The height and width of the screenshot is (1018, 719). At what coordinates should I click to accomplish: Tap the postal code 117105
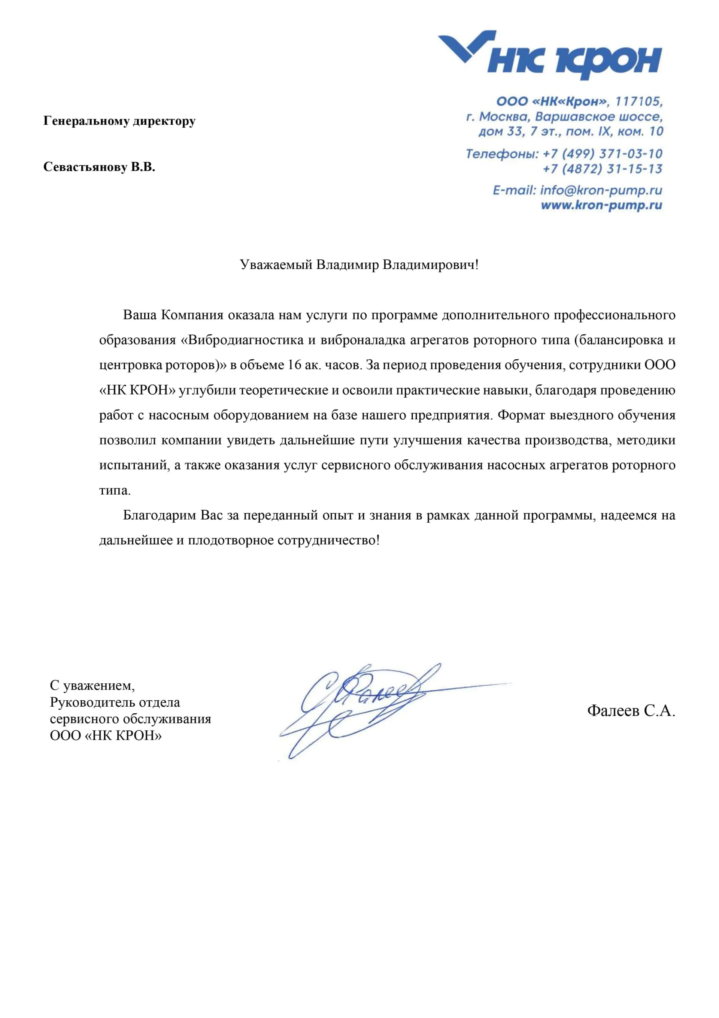click(638, 102)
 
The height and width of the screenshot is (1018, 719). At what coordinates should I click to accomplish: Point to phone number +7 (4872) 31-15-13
click(603, 169)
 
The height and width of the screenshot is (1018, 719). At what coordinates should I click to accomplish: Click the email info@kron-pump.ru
click(601, 191)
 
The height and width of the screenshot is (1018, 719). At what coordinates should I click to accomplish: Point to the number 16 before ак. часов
click(294, 365)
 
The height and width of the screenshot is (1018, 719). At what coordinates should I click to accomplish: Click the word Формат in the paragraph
click(521, 415)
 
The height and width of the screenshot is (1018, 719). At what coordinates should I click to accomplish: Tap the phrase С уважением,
click(92, 685)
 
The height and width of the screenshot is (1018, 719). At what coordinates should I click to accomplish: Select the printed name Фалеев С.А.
click(631, 711)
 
